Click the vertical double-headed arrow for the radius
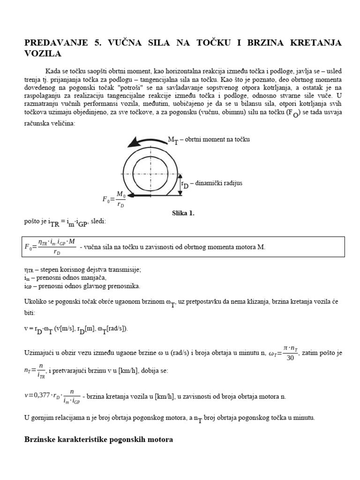(x=180, y=184)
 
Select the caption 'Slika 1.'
(x=183, y=213)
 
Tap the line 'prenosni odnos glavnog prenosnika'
(x=82, y=286)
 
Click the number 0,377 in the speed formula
(x=42, y=396)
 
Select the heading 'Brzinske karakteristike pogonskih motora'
(x=98, y=440)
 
